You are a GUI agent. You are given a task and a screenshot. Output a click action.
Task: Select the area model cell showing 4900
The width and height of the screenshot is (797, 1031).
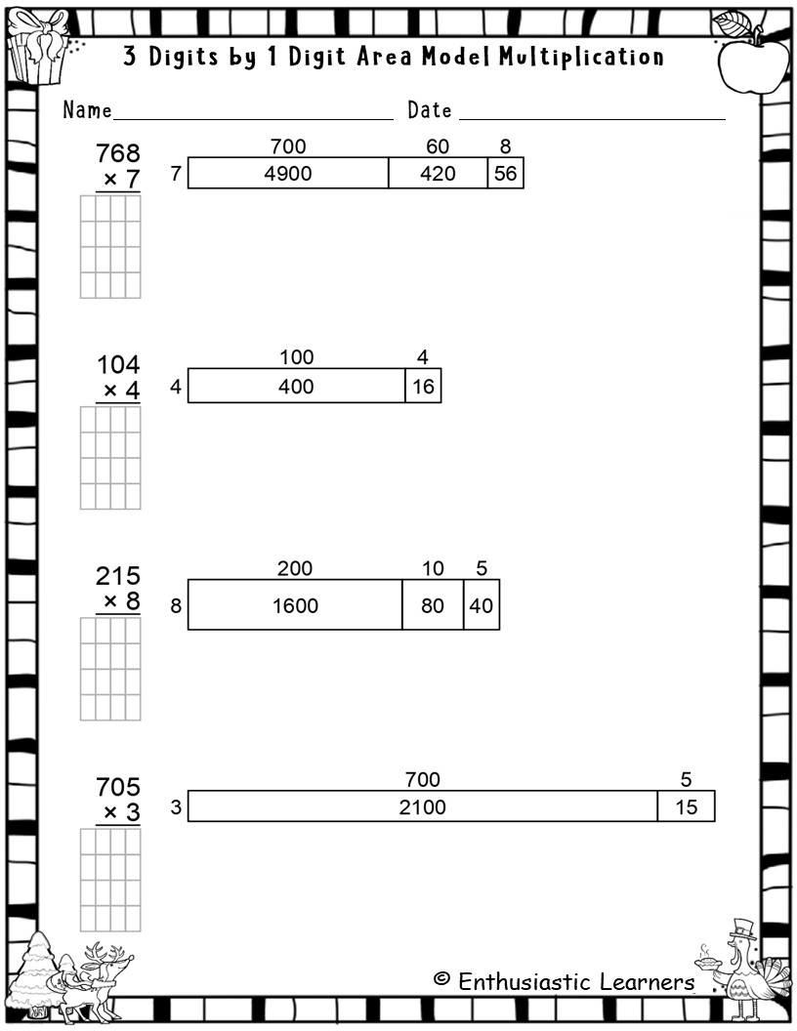click(x=288, y=173)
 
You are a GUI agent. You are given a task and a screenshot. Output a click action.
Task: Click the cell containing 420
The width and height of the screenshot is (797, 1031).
click(x=438, y=173)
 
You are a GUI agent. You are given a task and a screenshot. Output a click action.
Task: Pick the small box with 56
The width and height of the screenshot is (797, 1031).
click(x=506, y=173)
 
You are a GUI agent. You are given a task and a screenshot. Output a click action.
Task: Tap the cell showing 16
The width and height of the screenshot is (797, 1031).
click(x=423, y=386)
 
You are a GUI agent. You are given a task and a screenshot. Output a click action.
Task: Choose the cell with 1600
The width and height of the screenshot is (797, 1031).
click(x=295, y=605)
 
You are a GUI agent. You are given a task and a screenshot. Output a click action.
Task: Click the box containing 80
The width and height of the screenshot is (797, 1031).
click(x=433, y=605)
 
